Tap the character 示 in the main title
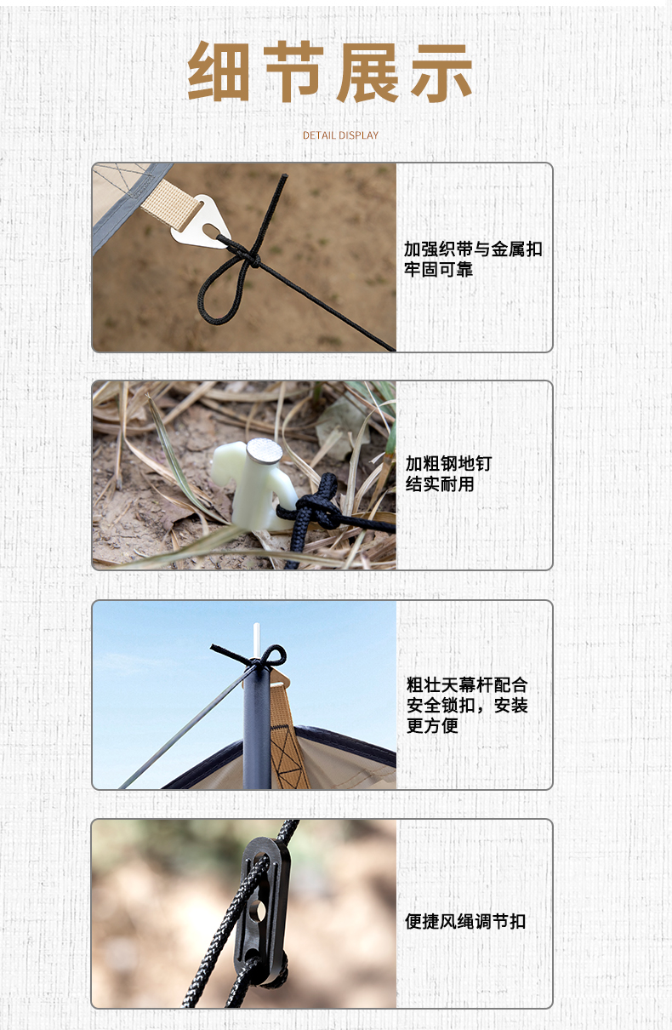click(441, 72)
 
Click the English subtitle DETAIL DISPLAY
click(340, 135)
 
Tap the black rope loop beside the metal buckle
click(221, 290)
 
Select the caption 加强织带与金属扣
click(474, 249)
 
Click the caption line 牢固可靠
click(438, 270)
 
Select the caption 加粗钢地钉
click(448, 463)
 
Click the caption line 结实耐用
click(440, 484)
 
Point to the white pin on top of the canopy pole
click(257, 640)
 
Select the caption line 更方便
click(432, 725)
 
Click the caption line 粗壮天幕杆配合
click(467, 685)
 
